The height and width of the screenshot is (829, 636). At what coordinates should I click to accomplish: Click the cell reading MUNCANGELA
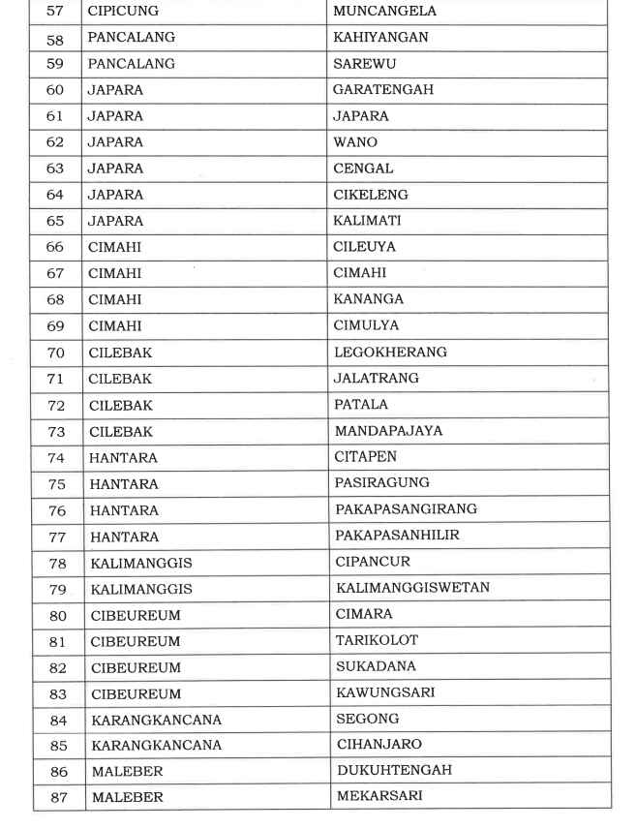[384, 12]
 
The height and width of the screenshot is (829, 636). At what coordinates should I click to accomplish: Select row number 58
[55, 38]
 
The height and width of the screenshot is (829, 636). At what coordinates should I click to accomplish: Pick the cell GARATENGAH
[382, 90]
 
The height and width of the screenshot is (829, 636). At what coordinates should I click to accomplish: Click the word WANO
[355, 142]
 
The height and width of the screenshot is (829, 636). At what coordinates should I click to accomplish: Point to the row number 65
[55, 221]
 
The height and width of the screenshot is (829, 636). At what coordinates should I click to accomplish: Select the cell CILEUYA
[365, 247]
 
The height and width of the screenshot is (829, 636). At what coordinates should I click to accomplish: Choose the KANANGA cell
[369, 299]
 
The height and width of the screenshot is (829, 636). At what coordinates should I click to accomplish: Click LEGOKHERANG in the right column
[390, 352]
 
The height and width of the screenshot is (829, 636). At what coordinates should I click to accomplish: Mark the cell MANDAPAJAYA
[388, 431]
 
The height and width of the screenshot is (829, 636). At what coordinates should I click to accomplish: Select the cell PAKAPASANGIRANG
[406, 509]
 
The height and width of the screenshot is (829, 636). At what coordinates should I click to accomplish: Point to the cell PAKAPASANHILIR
[398, 536]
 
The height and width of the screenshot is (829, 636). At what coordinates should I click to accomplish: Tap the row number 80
[56, 615]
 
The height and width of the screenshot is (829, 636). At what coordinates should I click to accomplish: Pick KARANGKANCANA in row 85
[156, 746]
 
